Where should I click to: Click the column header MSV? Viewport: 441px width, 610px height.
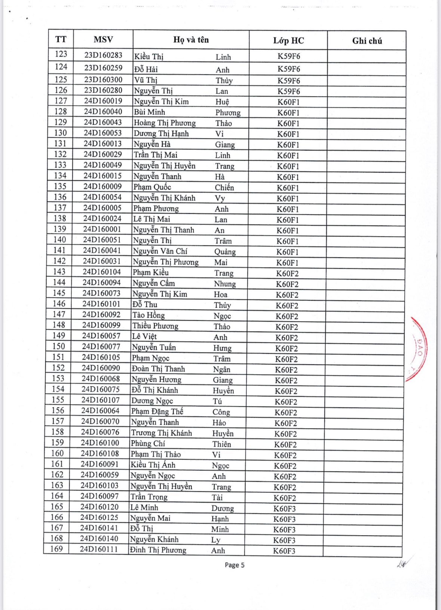pyautogui.click(x=103, y=40)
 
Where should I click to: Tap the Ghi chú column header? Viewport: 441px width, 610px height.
pyautogui.click(x=367, y=41)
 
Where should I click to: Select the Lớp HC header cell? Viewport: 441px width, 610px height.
pyautogui.click(x=288, y=40)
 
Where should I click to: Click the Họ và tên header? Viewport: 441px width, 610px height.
pyautogui.click(x=191, y=40)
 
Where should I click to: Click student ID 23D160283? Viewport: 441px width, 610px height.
pyautogui.click(x=103, y=55)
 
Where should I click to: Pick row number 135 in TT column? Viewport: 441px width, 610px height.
pyautogui.click(x=60, y=186)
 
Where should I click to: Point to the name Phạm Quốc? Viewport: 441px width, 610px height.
pyautogui.click(x=152, y=187)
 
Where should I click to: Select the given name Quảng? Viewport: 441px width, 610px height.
pyautogui.click(x=225, y=251)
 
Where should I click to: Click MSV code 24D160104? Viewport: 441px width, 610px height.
pyautogui.click(x=102, y=272)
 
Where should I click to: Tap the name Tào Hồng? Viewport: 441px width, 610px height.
pyautogui.click(x=148, y=315)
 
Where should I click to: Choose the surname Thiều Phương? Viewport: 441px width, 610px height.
pyautogui.click(x=155, y=326)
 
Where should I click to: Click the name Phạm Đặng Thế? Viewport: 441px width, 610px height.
pyautogui.click(x=157, y=411)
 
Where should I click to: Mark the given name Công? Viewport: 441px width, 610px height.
pyautogui.click(x=221, y=412)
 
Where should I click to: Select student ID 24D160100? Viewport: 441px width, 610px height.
pyautogui.click(x=100, y=443)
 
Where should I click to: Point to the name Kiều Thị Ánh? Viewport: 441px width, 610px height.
pyautogui.click(x=153, y=465)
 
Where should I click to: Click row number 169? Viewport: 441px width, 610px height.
pyautogui.click(x=56, y=549)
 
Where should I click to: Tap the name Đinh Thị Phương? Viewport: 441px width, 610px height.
pyautogui.click(x=158, y=550)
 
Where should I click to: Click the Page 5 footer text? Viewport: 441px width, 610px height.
pyautogui.click(x=235, y=565)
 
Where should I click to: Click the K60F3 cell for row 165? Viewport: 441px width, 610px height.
pyautogui.click(x=284, y=509)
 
